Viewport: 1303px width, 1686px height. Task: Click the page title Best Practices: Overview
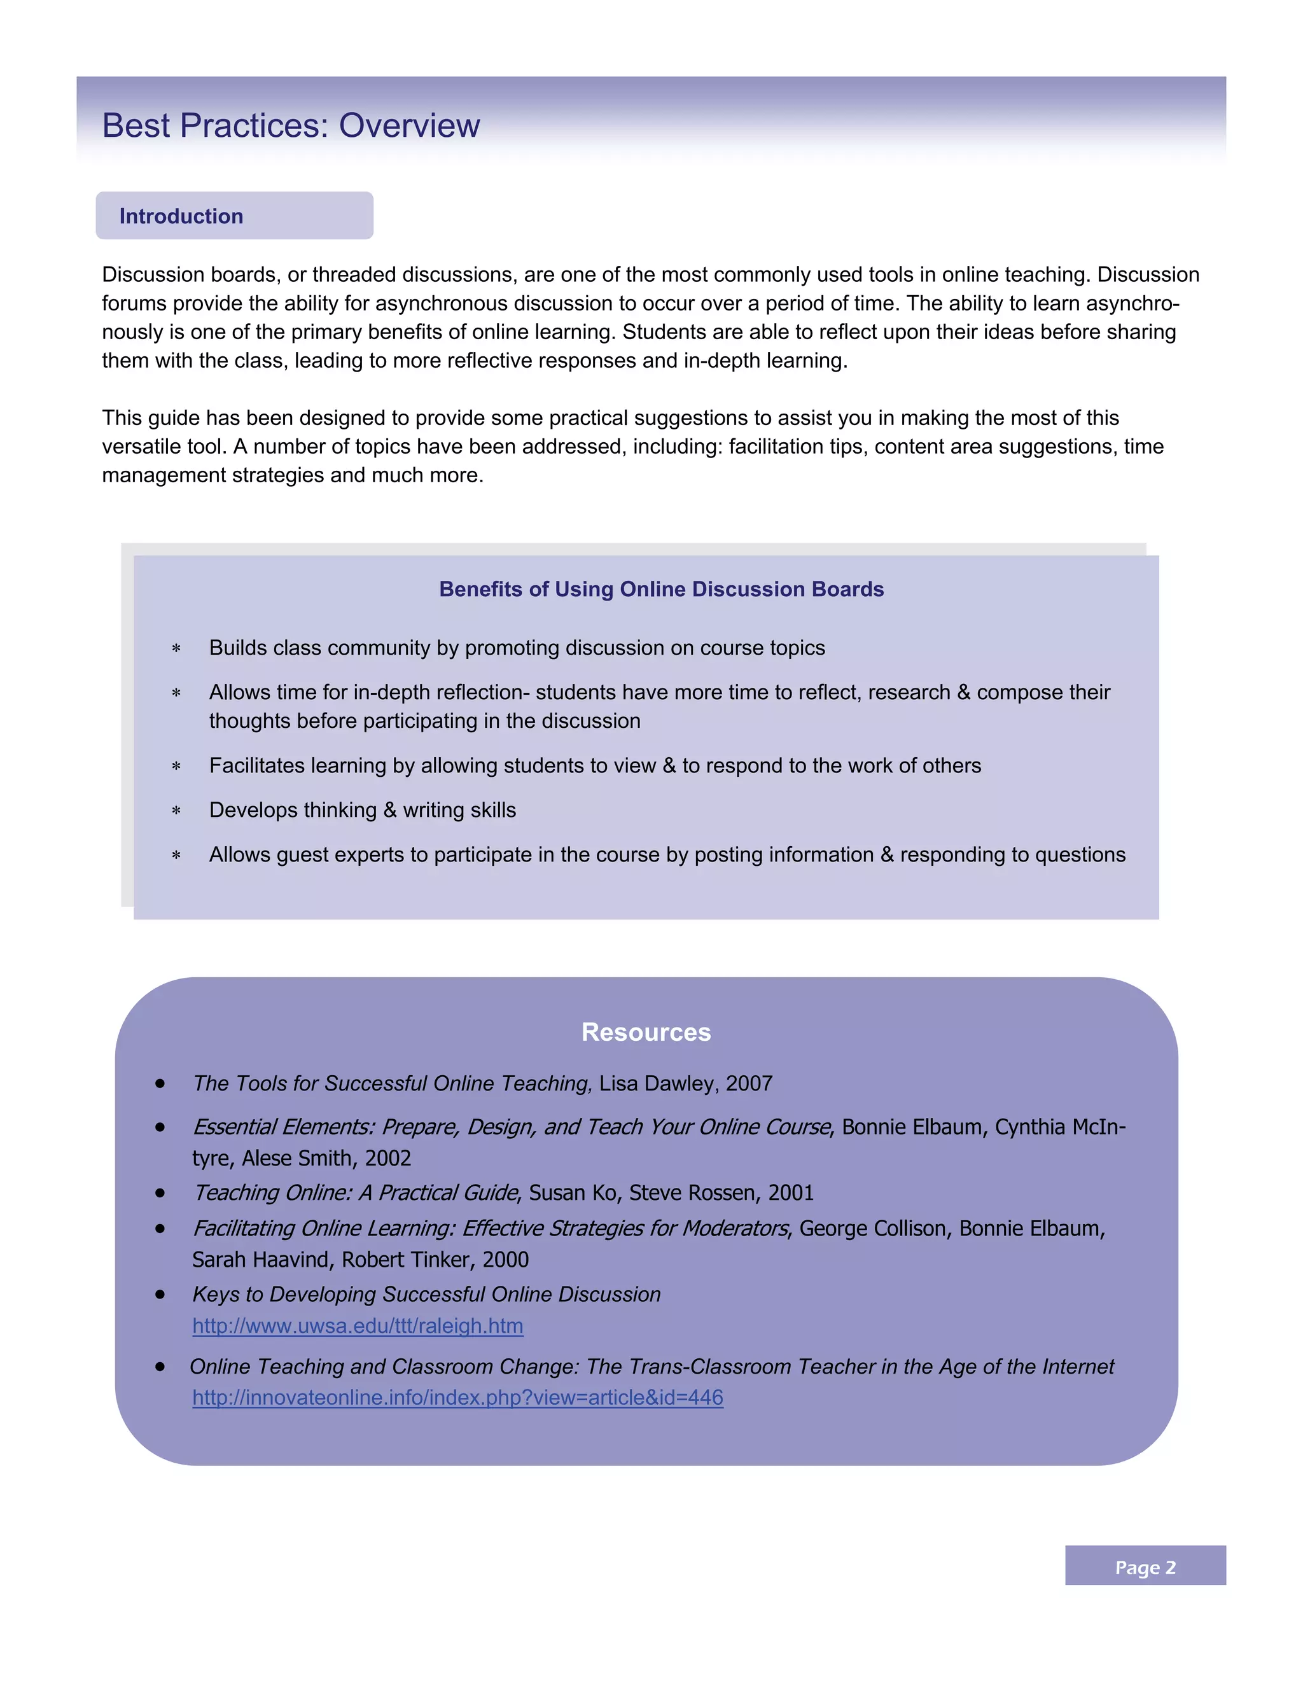click(290, 126)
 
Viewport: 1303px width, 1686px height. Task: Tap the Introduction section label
click(181, 216)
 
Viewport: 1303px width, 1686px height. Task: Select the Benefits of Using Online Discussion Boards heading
click(661, 589)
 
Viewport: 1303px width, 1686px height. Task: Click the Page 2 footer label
click(1145, 1567)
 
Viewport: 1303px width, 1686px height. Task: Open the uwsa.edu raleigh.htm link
click(358, 1325)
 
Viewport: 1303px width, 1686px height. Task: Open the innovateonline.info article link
click(457, 1397)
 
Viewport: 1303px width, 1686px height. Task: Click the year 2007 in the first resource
click(749, 1083)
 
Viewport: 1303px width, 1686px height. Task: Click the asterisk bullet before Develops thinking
click(176, 811)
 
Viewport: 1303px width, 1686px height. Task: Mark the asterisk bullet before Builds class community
click(176, 649)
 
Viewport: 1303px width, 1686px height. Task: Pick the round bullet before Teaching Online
click(160, 1193)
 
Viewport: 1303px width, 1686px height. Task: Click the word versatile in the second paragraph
click(135, 446)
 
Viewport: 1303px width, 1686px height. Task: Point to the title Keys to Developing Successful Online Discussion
click(426, 1294)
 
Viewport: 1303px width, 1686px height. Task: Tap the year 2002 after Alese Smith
click(387, 1158)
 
